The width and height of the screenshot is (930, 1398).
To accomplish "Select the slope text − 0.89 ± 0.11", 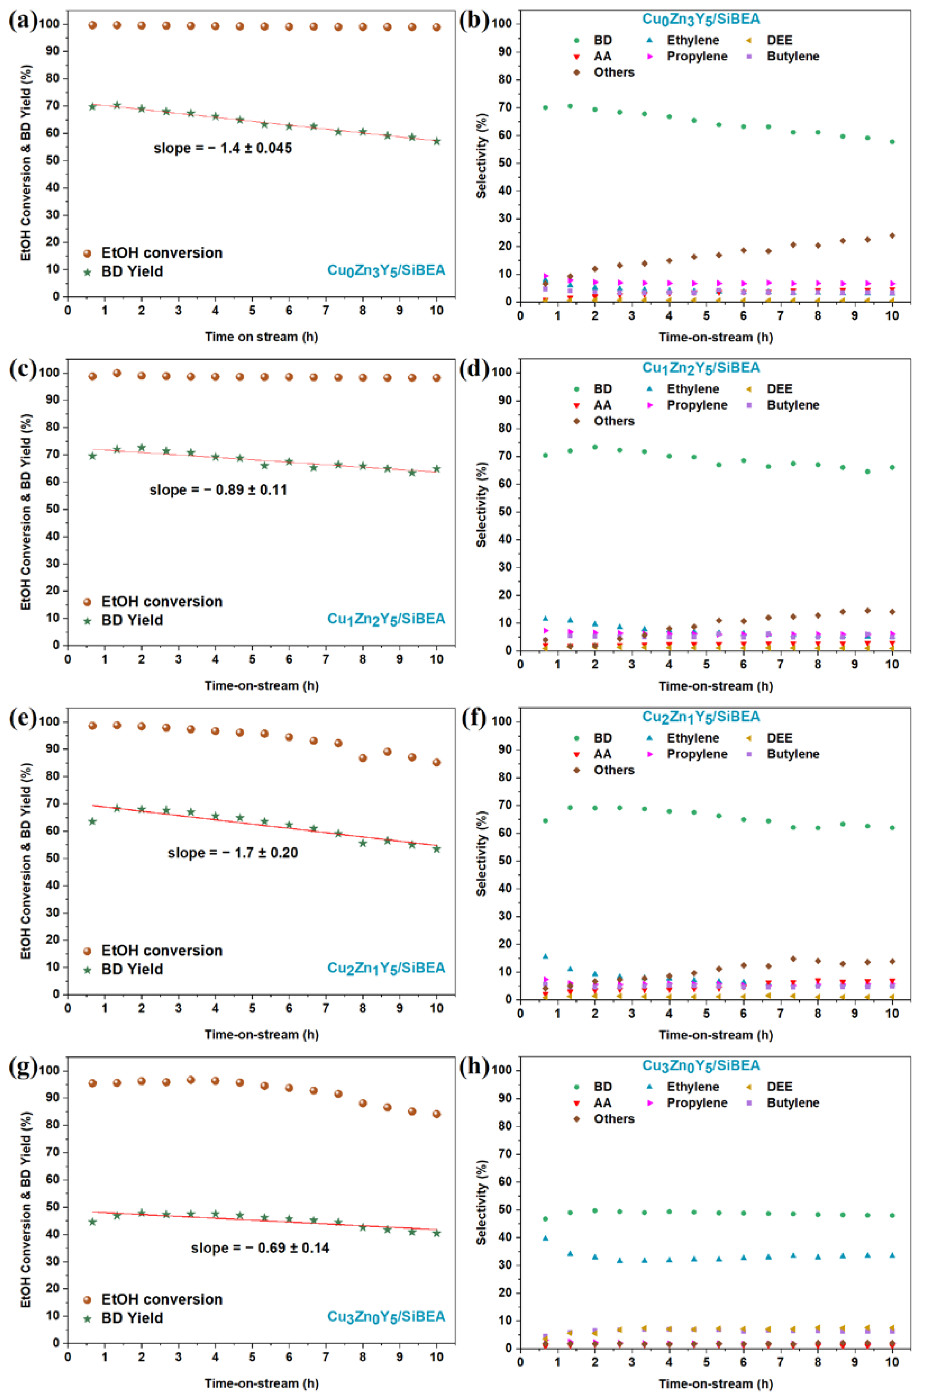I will coord(218,490).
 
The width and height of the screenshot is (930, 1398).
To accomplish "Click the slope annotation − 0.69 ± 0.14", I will coord(260,1247).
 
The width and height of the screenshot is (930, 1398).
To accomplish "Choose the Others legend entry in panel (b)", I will coord(605,72).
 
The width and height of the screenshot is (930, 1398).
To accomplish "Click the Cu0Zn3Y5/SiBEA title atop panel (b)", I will coord(701,19).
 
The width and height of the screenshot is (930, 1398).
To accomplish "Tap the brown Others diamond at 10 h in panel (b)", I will coord(892,236).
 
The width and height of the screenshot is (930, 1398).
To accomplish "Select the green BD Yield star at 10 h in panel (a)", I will coord(436,141).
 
